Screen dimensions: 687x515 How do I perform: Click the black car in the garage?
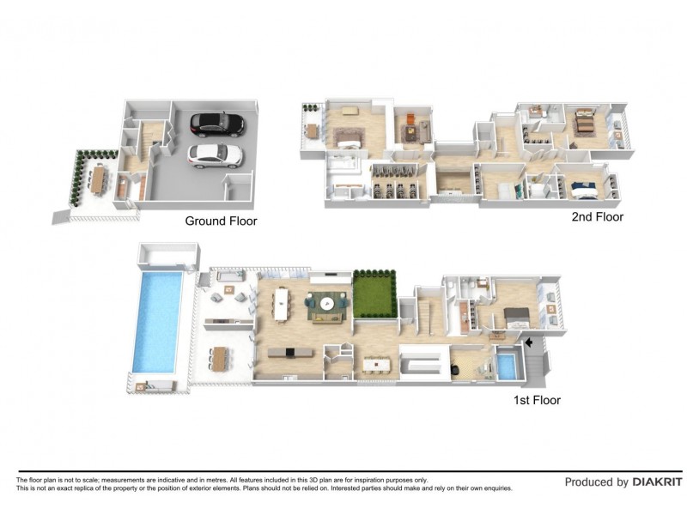(x=217, y=124)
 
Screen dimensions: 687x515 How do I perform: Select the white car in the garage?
(x=215, y=156)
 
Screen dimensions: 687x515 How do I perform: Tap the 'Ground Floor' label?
(x=221, y=221)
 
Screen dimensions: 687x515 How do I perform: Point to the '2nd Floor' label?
(x=597, y=217)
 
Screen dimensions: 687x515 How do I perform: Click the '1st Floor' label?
(x=537, y=400)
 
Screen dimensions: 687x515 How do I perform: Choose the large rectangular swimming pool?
(x=158, y=323)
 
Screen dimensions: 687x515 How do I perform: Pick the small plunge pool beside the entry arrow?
(x=508, y=367)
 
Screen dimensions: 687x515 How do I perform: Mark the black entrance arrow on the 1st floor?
(x=528, y=342)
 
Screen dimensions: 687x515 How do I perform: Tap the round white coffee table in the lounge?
(x=326, y=303)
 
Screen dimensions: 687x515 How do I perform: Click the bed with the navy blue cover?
(x=585, y=190)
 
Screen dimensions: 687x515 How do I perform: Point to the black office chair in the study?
(x=456, y=370)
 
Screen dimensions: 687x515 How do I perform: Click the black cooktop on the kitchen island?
(x=289, y=352)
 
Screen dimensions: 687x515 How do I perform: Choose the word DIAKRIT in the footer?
(x=657, y=482)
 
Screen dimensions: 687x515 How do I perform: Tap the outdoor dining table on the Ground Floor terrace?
(x=99, y=179)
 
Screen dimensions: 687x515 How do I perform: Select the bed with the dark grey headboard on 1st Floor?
(x=518, y=317)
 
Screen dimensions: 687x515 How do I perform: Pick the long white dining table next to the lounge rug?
(x=281, y=304)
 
